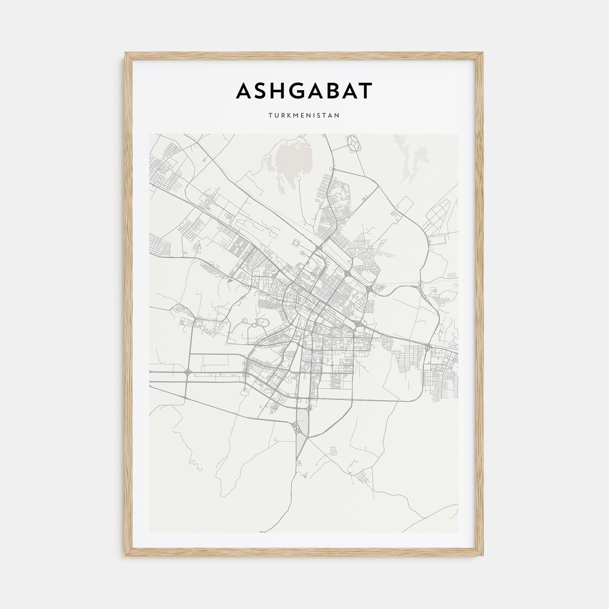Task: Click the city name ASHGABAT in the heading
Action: pos(304,91)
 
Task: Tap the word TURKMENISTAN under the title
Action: pos(304,115)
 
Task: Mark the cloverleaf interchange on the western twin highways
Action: pos(188,372)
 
